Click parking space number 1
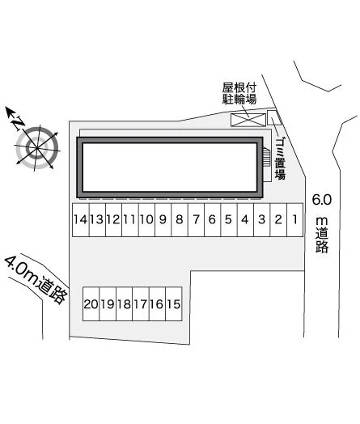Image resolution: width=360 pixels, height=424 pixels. pyautogui.click(x=294, y=220)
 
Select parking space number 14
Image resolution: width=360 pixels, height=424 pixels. pyautogui.click(x=81, y=220)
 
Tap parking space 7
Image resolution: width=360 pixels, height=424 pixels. pyautogui.click(x=197, y=220)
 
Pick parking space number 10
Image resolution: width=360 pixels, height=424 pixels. pyautogui.click(x=146, y=220)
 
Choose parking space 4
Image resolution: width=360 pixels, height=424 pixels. pyautogui.click(x=245, y=220)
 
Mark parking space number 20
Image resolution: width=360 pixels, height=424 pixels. pyautogui.click(x=91, y=304)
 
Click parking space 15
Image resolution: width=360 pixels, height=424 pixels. pyautogui.click(x=173, y=304)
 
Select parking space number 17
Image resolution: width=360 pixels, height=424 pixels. pyautogui.click(x=141, y=304)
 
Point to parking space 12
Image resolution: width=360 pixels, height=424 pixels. pyautogui.click(x=114, y=220)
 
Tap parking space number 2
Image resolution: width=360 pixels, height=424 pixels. pyautogui.click(x=278, y=220)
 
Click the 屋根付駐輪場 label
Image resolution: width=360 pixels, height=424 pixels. pyautogui.click(x=239, y=94)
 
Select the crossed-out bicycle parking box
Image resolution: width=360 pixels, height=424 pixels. pyautogui.click(x=248, y=120)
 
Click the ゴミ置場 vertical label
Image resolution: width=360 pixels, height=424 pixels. pyautogui.click(x=280, y=159)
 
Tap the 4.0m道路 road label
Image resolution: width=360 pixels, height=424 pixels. pyautogui.click(x=36, y=280)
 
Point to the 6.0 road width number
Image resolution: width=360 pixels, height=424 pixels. pyautogui.click(x=322, y=200)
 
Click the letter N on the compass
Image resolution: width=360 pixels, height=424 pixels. pyautogui.click(x=18, y=123)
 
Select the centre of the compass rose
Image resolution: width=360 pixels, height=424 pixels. pyautogui.click(x=36, y=148)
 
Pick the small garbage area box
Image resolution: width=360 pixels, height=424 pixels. pyautogui.click(x=273, y=117)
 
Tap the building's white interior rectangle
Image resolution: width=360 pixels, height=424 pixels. pyautogui.click(x=170, y=167)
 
